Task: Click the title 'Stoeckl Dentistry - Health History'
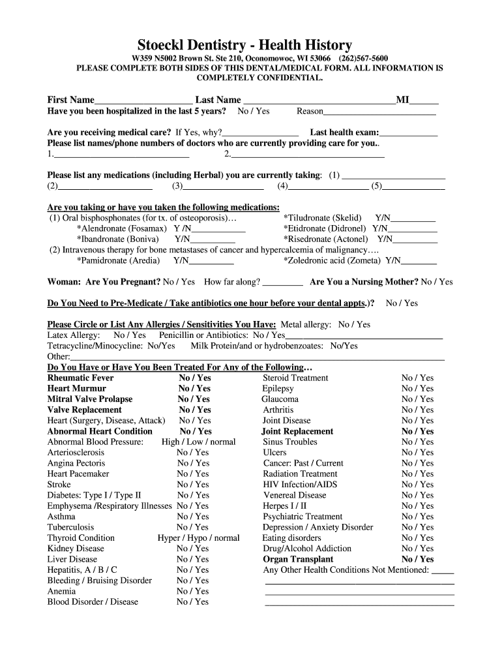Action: [x=244, y=45]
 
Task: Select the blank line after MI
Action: [x=424, y=101]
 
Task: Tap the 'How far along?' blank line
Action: [x=282, y=283]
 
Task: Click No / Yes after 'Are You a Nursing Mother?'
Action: [x=437, y=282]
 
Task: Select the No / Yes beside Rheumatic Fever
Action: [x=195, y=378]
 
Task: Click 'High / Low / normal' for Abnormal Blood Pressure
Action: [x=198, y=442]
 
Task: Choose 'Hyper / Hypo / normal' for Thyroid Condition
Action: [x=198, y=538]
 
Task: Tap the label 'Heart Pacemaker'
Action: [x=78, y=474]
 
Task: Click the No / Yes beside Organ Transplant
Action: [x=417, y=560]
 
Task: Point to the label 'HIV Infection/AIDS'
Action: [x=300, y=485]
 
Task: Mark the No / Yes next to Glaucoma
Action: [x=417, y=399]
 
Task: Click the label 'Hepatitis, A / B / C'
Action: [x=82, y=570]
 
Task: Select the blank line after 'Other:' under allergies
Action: [x=257, y=357]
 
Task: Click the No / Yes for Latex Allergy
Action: [x=130, y=335]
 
